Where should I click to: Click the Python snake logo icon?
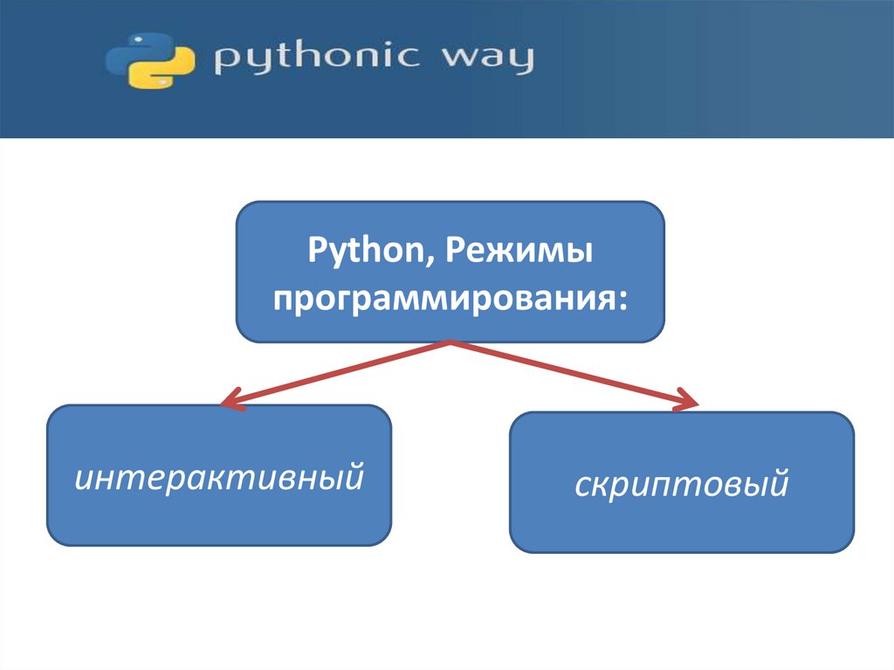pos(149,61)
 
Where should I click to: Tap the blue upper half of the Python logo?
pos(138,52)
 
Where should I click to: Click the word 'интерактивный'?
pos(218,477)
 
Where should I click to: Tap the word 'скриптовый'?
pos(681,484)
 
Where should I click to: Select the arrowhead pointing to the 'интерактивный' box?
pos(229,403)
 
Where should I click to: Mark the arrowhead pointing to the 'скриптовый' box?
pos(688,403)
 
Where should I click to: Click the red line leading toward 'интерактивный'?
pos(340,372)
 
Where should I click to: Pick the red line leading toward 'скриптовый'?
pos(567,372)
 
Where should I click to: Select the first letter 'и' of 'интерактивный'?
pos(84,478)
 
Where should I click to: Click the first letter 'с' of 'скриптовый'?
pos(581,485)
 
